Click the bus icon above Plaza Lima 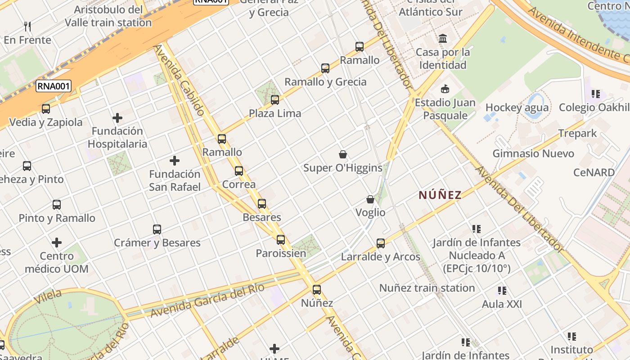275,100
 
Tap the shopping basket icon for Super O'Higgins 343,155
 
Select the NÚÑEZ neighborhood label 440,195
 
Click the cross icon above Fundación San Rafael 175,161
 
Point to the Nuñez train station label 427,288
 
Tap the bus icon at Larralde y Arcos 381,243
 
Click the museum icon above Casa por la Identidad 443,39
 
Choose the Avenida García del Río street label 207,301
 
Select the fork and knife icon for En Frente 27,27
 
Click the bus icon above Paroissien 281,240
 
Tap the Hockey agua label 517,108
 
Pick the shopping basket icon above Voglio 370,199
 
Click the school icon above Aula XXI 502,291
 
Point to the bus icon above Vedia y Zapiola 46,109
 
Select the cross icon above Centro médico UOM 57,243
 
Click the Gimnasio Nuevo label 533,153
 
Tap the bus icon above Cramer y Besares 157,229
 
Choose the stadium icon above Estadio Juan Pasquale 445,89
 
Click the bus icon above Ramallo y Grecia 325,68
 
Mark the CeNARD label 594,172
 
